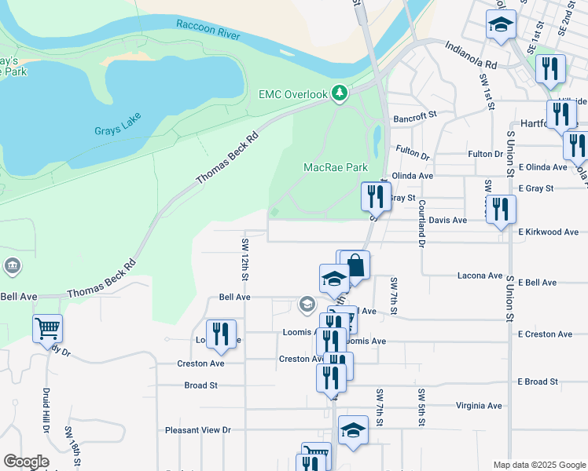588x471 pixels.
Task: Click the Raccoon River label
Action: pyautogui.click(x=208, y=25)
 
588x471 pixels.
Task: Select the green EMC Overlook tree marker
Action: pyautogui.click(x=340, y=94)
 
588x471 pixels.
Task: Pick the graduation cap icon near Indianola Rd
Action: pyautogui.click(x=500, y=24)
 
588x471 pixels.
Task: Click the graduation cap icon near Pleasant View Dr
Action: pyautogui.click(x=354, y=429)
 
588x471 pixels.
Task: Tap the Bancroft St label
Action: pyautogui.click(x=415, y=116)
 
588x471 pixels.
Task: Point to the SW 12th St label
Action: pyautogui.click(x=245, y=259)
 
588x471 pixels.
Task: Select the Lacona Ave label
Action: pyautogui.click(x=480, y=276)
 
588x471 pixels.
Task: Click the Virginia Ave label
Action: pyautogui.click(x=479, y=406)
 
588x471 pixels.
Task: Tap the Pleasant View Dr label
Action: pyautogui.click(x=198, y=430)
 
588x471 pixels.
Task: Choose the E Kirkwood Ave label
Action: pyautogui.click(x=548, y=232)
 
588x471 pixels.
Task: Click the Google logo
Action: pyautogui.click(x=26, y=462)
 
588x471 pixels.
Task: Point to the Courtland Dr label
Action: pyautogui.click(x=422, y=225)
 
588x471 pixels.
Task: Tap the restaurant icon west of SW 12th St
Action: pyautogui.click(x=221, y=334)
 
